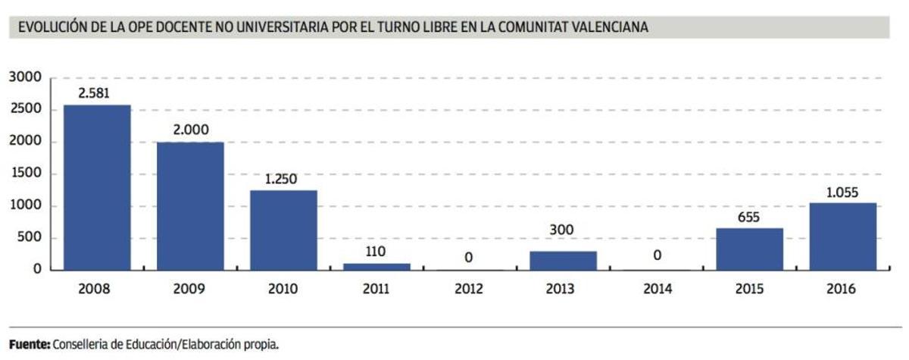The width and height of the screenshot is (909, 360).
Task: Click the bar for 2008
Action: click(97, 187)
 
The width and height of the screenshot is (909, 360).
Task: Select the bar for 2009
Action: click(190, 205)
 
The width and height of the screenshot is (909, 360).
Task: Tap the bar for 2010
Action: click(283, 230)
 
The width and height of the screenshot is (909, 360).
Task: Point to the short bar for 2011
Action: click(377, 266)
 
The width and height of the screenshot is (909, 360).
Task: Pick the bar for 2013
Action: click(564, 260)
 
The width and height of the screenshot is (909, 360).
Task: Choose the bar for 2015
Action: click(749, 249)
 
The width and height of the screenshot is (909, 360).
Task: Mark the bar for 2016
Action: click(842, 236)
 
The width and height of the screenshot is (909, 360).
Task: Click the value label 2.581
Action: click(97, 93)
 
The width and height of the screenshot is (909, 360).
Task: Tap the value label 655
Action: click(749, 217)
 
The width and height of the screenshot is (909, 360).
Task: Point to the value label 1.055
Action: click(842, 191)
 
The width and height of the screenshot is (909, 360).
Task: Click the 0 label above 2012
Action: click(469, 258)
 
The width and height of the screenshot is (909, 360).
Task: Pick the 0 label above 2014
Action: click(657, 256)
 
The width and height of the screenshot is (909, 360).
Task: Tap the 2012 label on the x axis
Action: click(470, 289)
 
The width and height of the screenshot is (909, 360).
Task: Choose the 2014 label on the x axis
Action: click(657, 289)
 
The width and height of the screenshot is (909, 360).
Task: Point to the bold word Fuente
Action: click(29, 344)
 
